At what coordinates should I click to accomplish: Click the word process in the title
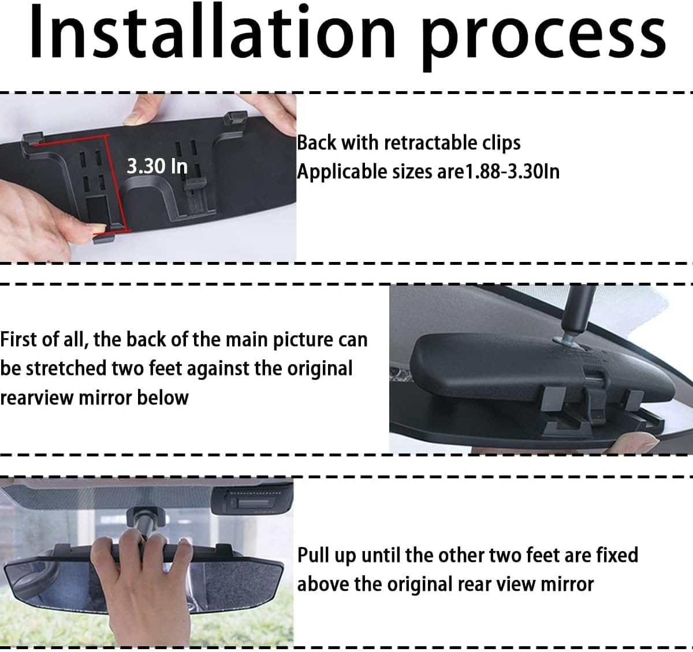click(x=543, y=38)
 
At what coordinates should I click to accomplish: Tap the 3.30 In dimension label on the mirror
click(x=157, y=166)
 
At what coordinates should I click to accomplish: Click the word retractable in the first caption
click(x=431, y=143)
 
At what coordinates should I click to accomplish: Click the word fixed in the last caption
click(x=614, y=555)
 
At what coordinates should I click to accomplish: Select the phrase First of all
click(x=43, y=339)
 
